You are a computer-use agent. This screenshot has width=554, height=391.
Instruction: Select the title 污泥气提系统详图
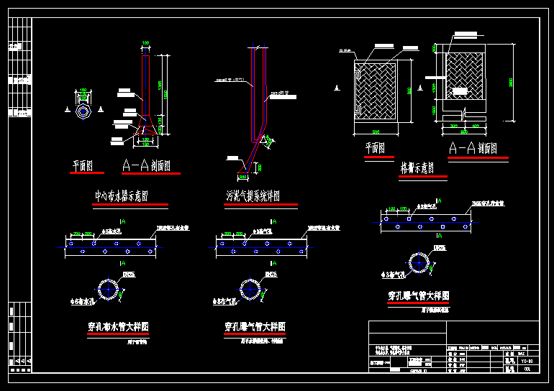tap(253, 196)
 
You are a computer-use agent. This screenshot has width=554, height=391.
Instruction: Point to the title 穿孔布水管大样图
tap(118, 327)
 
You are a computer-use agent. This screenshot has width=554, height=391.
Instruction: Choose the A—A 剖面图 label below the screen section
tap(473, 149)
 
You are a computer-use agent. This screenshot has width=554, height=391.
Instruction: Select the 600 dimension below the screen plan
tap(375, 133)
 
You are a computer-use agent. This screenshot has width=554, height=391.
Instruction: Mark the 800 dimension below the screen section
tap(464, 132)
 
